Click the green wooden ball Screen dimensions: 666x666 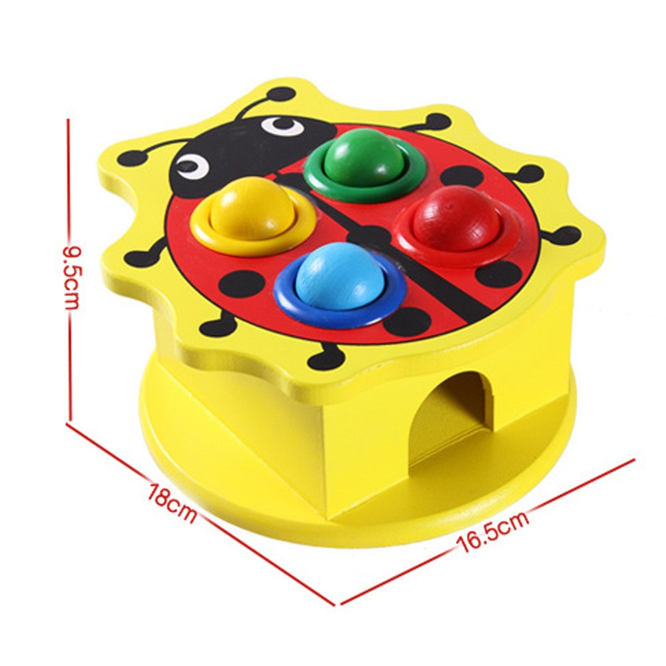click(364, 157)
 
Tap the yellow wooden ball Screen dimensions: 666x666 click(252, 208)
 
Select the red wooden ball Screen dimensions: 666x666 click(456, 218)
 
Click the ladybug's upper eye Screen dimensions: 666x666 click(282, 126)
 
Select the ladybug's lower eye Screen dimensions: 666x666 click(193, 166)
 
